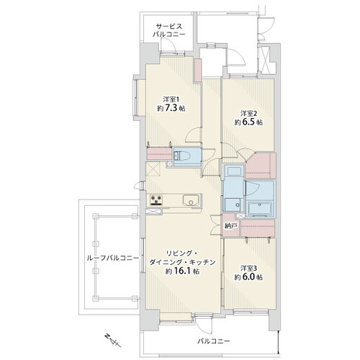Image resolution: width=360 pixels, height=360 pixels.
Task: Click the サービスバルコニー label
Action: coord(169,30)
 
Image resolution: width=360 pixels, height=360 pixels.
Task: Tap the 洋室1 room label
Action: coord(171,99)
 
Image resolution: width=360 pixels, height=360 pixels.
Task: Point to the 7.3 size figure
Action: coord(171,108)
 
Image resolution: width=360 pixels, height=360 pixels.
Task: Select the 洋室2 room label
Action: coord(248,113)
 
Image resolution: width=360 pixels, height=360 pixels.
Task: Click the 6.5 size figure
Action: coord(248,122)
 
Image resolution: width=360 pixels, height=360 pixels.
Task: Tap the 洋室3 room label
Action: coord(248,268)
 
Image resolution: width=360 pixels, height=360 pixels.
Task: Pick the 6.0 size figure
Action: coord(248,277)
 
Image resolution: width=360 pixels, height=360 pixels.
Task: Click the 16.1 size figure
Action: coord(182,271)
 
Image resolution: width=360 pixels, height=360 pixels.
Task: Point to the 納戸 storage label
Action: coord(230,226)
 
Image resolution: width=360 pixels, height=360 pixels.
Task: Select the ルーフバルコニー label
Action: coord(113,258)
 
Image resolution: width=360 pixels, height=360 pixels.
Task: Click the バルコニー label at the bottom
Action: coord(214,341)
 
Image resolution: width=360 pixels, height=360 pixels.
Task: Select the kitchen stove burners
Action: coord(156,200)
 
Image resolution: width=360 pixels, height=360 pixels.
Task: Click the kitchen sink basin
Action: coord(191,200)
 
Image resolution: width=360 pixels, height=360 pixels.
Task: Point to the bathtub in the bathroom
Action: coord(260,208)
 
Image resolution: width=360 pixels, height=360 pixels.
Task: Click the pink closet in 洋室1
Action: coord(160,154)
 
